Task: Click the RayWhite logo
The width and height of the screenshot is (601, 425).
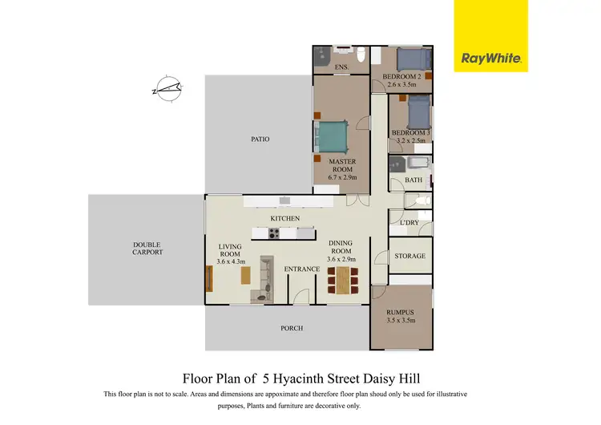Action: [x=490, y=58]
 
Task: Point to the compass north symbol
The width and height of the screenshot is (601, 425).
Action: [x=169, y=87]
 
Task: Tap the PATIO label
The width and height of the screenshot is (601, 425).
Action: [x=260, y=140]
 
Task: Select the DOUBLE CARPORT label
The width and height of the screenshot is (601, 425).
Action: [x=147, y=248]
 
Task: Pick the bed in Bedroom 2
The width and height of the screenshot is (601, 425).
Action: [x=413, y=59]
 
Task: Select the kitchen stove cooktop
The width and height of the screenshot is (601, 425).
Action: [x=272, y=233]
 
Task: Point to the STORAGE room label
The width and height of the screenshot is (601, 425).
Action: [x=409, y=257]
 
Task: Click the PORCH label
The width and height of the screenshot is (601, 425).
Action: [x=291, y=329]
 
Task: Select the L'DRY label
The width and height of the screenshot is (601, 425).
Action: [x=398, y=221]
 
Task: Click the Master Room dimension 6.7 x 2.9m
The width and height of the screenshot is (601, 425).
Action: [x=342, y=177]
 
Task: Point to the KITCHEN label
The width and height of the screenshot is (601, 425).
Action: [x=284, y=218]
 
